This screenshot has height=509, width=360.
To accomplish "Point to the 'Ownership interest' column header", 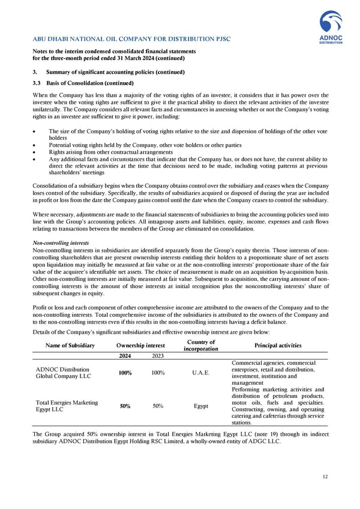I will (140, 345).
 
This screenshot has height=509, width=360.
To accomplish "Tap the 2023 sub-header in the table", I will (158, 356).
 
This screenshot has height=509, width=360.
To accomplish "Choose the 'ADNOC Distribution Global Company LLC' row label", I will (64, 373).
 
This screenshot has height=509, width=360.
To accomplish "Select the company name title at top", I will (131, 40).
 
